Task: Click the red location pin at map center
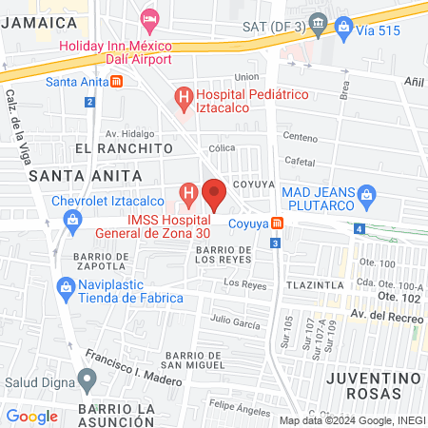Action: click(x=214, y=193)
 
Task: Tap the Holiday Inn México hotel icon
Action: click(x=149, y=17)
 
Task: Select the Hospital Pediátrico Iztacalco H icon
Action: click(x=183, y=96)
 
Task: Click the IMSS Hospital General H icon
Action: click(x=188, y=197)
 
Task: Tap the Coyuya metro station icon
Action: click(x=277, y=223)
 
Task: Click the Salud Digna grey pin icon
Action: click(x=88, y=383)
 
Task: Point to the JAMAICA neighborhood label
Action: click(x=38, y=21)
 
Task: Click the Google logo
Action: click(x=31, y=416)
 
